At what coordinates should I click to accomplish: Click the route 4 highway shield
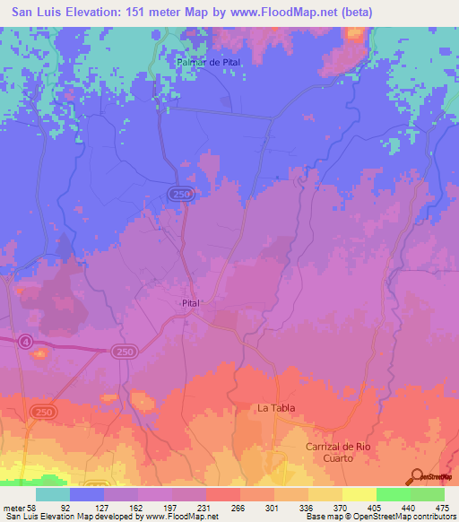pos(26,341)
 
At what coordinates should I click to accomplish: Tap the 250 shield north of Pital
pos(178,195)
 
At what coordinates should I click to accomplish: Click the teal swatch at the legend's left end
pos(53,493)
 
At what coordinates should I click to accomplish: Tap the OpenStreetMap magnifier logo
pos(416,476)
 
